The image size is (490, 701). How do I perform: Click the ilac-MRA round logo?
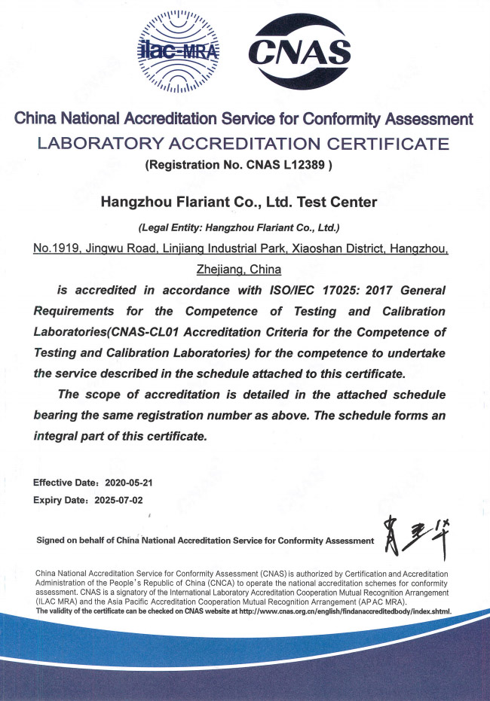pyautogui.click(x=179, y=50)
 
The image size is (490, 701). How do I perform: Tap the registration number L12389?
pyautogui.click(x=303, y=163)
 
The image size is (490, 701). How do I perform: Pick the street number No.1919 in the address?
pyautogui.click(x=57, y=248)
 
